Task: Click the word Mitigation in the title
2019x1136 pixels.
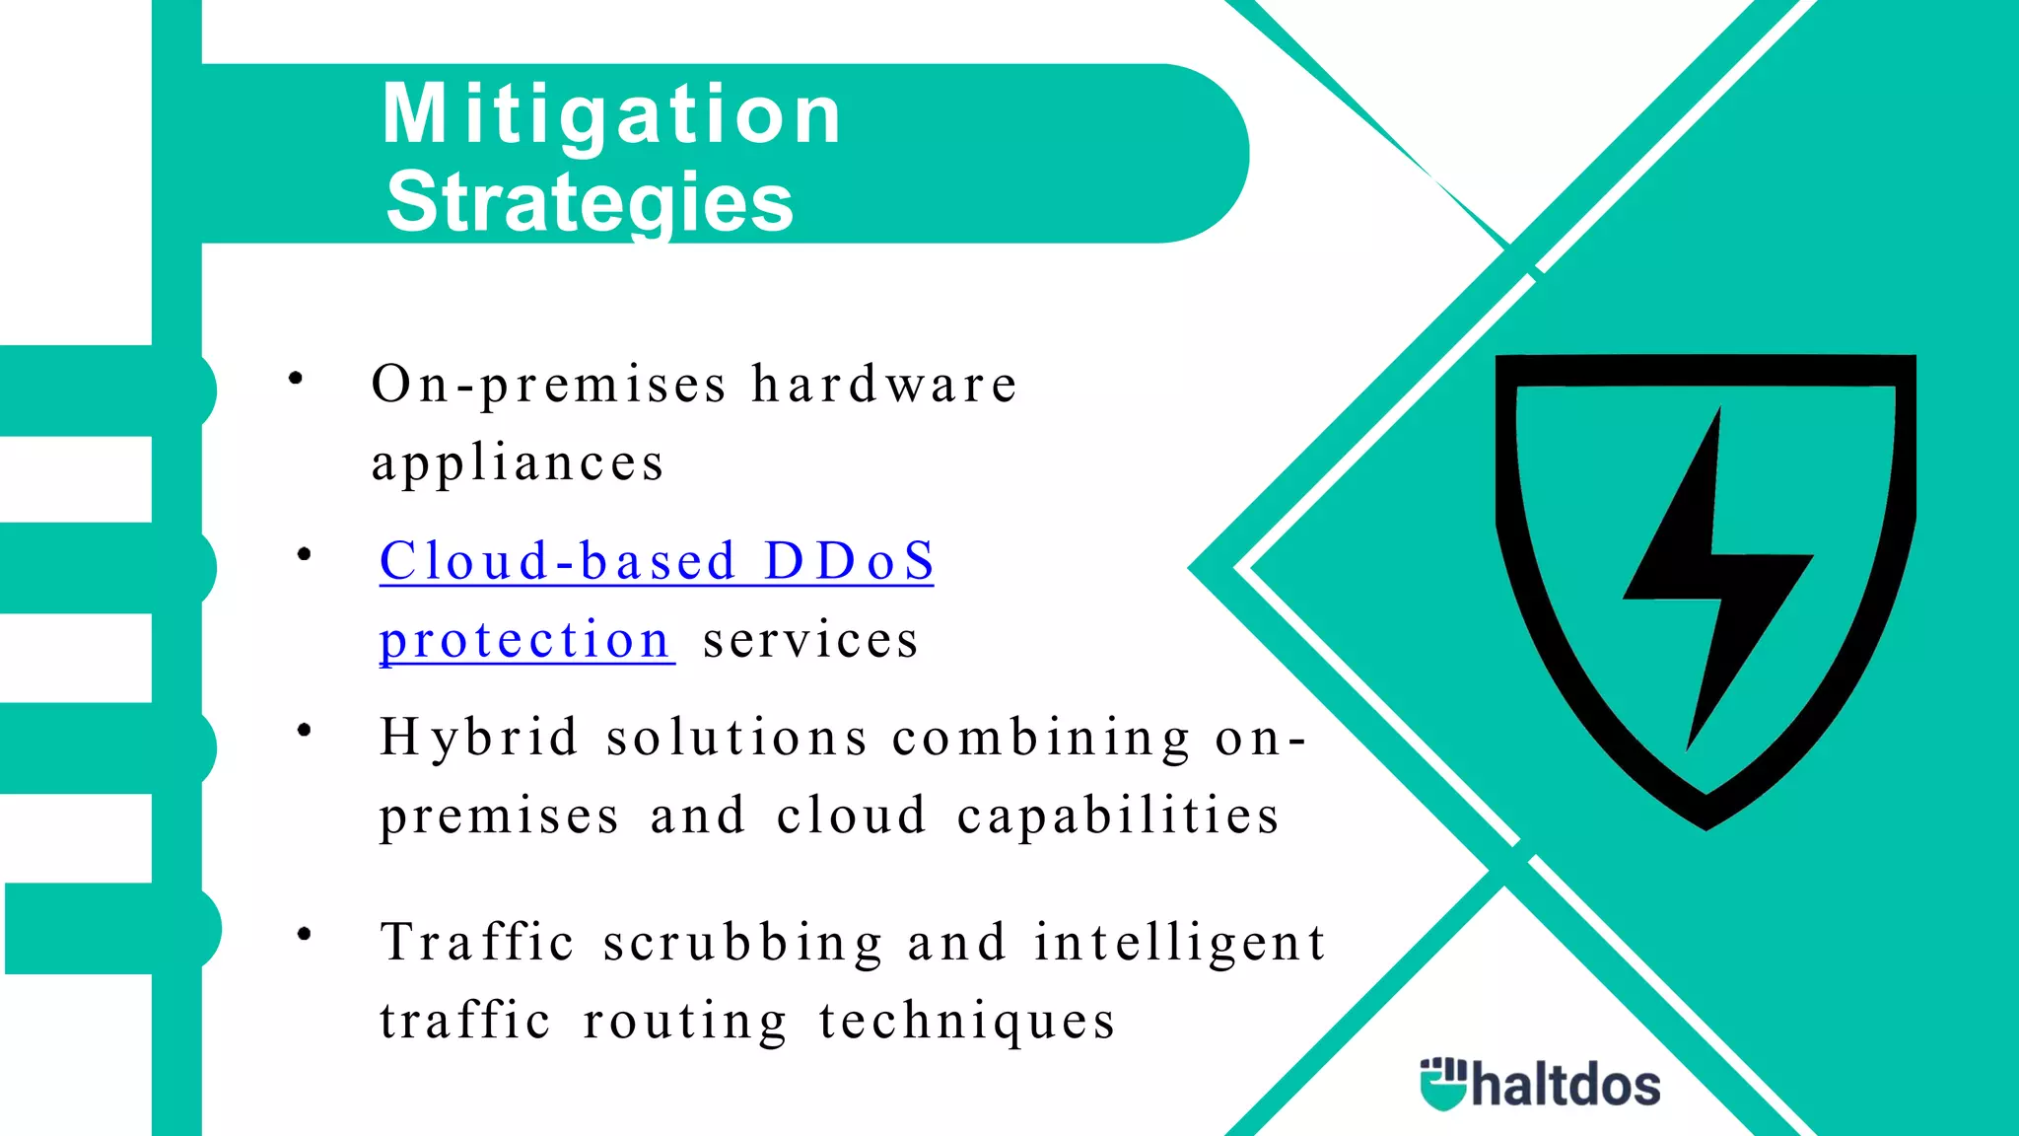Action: point(611,115)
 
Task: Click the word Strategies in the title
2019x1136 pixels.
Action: point(590,202)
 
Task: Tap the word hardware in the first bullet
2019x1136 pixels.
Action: point(883,384)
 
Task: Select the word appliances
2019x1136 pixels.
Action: point(518,463)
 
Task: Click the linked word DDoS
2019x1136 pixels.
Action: point(849,561)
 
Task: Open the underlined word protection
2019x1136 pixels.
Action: point(525,641)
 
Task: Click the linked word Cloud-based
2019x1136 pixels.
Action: point(558,561)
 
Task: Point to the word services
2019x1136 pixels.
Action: point(810,641)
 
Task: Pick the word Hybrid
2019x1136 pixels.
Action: point(479,738)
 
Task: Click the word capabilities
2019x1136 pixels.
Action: point(1118,816)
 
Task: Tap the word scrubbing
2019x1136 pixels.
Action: point(743,942)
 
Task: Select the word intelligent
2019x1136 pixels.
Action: point(1179,942)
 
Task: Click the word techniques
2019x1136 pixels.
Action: point(967,1021)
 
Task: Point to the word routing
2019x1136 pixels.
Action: point(685,1021)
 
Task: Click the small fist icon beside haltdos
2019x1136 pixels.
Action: point(1443,1084)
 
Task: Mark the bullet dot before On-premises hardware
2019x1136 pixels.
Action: point(295,378)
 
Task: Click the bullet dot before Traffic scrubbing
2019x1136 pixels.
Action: point(304,933)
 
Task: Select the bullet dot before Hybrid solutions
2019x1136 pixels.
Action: point(304,730)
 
